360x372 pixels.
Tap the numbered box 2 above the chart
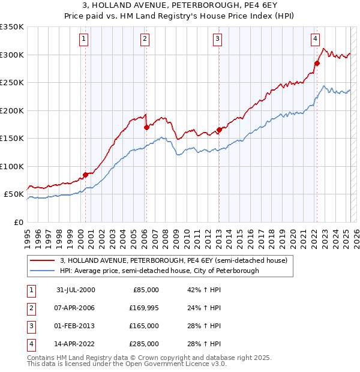[145, 40]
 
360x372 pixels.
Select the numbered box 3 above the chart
[217, 40]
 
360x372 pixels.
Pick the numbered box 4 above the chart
[315, 40]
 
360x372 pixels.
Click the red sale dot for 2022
[317, 62]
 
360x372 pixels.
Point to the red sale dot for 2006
[146, 127]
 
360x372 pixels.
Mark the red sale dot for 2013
[219, 130]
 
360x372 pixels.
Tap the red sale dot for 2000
[85, 175]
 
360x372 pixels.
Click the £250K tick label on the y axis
[13, 83]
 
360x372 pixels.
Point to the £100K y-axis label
[13, 166]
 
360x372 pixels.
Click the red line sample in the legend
[42, 260]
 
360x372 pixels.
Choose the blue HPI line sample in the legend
[42, 271]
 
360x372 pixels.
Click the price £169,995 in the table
[142, 308]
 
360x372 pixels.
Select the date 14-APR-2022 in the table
[76, 344]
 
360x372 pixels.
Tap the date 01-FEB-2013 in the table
[76, 326]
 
